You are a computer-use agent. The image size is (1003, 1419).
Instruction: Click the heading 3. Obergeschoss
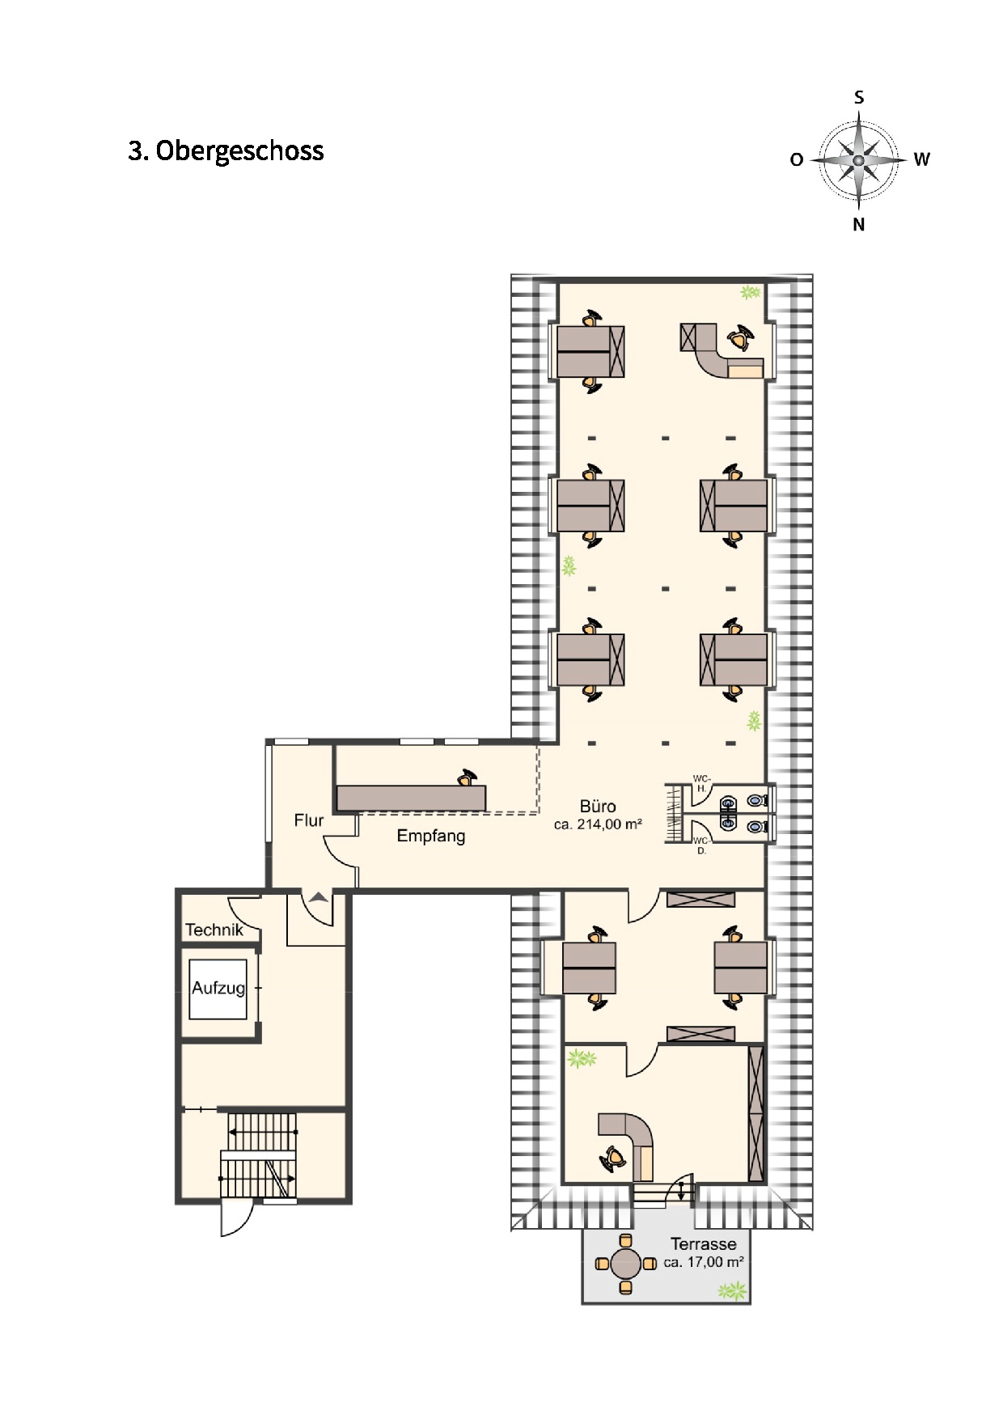click(x=226, y=151)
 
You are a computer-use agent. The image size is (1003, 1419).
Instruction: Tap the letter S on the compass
click(x=859, y=98)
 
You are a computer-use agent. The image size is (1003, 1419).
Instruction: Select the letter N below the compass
click(x=859, y=225)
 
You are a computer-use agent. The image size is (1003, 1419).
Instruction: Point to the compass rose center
click(x=859, y=160)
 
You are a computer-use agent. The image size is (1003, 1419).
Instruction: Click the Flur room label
click(x=309, y=820)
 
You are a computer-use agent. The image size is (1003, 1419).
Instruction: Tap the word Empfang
click(x=431, y=837)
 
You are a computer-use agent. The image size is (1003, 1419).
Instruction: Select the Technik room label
click(x=214, y=930)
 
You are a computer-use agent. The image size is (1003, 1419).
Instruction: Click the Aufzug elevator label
click(x=218, y=988)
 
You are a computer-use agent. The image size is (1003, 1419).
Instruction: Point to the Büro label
click(x=598, y=807)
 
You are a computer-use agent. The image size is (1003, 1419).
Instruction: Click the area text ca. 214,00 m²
click(x=598, y=825)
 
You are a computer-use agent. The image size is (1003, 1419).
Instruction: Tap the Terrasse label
click(x=704, y=1244)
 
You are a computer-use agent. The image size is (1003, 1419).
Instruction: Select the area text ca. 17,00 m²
click(x=704, y=1262)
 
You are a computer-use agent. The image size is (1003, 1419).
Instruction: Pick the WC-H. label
click(x=701, y=783)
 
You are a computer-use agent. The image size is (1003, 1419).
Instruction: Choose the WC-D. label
click(x=701, y=845)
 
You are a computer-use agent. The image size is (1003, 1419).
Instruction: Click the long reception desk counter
click(x=411, y=798)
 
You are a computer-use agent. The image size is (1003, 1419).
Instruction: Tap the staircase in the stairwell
click(x=259, y=1155)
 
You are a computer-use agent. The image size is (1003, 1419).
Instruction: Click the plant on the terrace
click(x=733, y=1291)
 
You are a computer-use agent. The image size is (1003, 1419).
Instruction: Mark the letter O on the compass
click(x=797, y=160)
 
